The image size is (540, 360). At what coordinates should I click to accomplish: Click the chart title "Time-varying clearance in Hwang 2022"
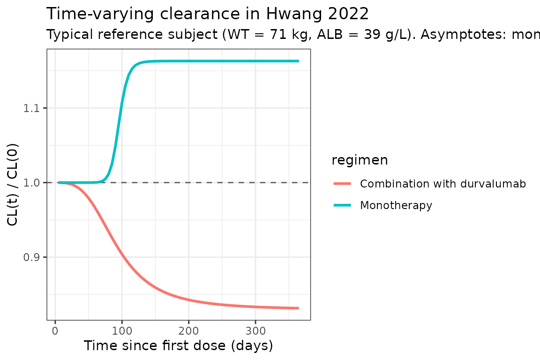pyautogui.click(x=208, y=14)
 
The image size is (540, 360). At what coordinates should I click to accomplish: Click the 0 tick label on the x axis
pyautogui.click(x=55, y=331)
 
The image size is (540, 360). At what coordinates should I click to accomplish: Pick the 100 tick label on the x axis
pyautogui.click(x=122, y=331)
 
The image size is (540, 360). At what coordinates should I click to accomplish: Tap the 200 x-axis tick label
pyautogui.click(x=188, y=331)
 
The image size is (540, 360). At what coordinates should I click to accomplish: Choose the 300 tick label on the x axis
pyautogui.click(x=255, y=331)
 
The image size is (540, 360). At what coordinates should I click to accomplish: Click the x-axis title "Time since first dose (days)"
pyautogui.click(x=178, y=346)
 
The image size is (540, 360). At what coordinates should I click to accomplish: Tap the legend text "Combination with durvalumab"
pyautogui.click(x=443, y=184)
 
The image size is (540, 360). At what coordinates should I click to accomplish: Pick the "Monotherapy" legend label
pyautogui.click(x=396, y=205)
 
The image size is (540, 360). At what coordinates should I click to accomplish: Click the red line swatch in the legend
pyautogui.click(x=342, y=184)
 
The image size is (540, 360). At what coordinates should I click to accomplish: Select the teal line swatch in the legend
pyautogui.click(x=342, y=205)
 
